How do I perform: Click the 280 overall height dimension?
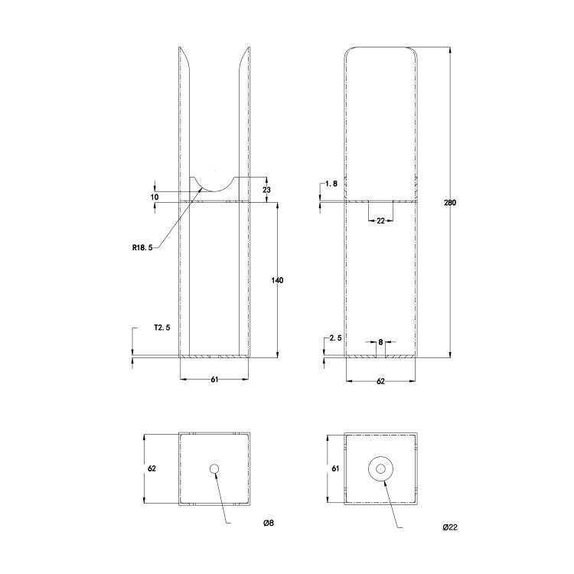tap(451, 203)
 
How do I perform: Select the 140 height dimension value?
tap(277, 281)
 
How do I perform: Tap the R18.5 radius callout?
tap(142, 247)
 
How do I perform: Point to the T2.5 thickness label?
tap(161, 328)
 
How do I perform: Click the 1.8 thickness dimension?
tap(331, 184)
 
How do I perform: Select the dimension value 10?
tap(155, 197)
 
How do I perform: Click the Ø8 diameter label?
tap(268, 523)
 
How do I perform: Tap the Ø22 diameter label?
tap(450, 527)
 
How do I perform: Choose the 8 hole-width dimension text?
tap(380, 342)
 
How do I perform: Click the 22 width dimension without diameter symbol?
tap(380, 221)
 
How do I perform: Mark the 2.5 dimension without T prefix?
tap(334, 338)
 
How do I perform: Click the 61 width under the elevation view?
tap(214, 380)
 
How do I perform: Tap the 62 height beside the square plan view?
tap(152, 468)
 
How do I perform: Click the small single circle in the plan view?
tap(214, 468)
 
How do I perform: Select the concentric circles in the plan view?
tap(381, 468)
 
